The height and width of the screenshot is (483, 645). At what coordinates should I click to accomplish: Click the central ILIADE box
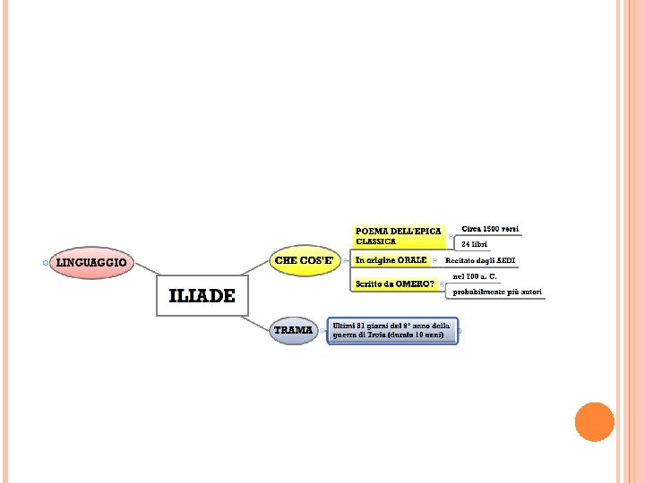201,296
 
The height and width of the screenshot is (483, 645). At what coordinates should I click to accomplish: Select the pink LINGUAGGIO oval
92,263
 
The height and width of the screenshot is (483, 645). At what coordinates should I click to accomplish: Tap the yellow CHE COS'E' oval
305,261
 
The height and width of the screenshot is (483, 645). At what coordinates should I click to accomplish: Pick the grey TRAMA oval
294,331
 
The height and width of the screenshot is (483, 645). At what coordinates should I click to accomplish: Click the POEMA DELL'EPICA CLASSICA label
399,236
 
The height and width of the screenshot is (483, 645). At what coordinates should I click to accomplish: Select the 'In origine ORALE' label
391,260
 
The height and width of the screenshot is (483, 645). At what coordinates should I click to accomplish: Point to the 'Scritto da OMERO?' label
395,284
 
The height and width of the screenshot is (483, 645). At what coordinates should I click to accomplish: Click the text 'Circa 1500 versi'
490,229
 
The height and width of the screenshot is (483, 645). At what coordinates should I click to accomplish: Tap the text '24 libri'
475,244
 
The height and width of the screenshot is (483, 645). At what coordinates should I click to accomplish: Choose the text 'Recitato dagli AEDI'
480,260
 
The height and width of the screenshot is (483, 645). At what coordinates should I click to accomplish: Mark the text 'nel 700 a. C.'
476,276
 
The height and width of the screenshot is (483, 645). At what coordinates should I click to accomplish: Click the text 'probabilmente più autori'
497,292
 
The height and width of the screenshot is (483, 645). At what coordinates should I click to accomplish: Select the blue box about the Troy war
392,331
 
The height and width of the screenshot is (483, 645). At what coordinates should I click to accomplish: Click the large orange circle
594,421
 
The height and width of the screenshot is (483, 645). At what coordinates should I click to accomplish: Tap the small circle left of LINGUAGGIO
46,263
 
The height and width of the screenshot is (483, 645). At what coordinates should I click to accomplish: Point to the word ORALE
413,260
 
